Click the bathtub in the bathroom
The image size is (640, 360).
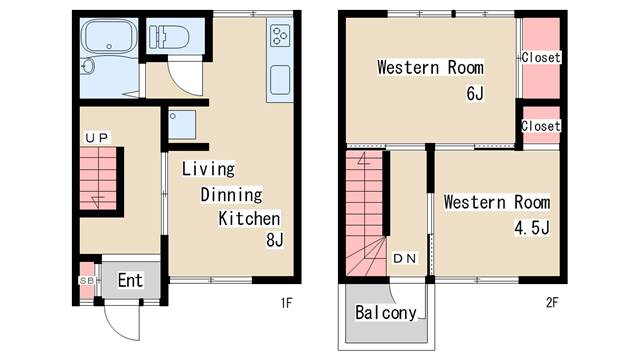tap(109, 37)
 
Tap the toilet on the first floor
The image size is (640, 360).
tap(169, 37)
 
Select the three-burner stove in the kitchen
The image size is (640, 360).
tap(280, 36)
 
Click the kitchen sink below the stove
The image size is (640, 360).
tap(280, 80)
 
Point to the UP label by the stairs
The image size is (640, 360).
tap(97, 138)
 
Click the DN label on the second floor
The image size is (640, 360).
tap(404, 258)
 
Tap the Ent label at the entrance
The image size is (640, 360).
tap(130, 280)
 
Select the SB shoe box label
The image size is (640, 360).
tap(87, 281)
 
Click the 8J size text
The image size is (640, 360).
tap(275, 240)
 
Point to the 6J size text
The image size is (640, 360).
tap(475, 93)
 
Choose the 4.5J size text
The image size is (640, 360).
tap(532, 228)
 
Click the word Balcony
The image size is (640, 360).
tap(386, 313)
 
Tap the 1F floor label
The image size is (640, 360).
tap(287, 303)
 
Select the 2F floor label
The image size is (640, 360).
tap(552, 302)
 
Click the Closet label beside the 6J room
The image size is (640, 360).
tap(541, 58)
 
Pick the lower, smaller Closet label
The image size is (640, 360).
tap(541, 126)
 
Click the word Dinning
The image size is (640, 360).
tap(231, 195)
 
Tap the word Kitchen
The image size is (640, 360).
tap(249, 219)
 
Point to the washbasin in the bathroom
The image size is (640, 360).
tap(87, 66)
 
